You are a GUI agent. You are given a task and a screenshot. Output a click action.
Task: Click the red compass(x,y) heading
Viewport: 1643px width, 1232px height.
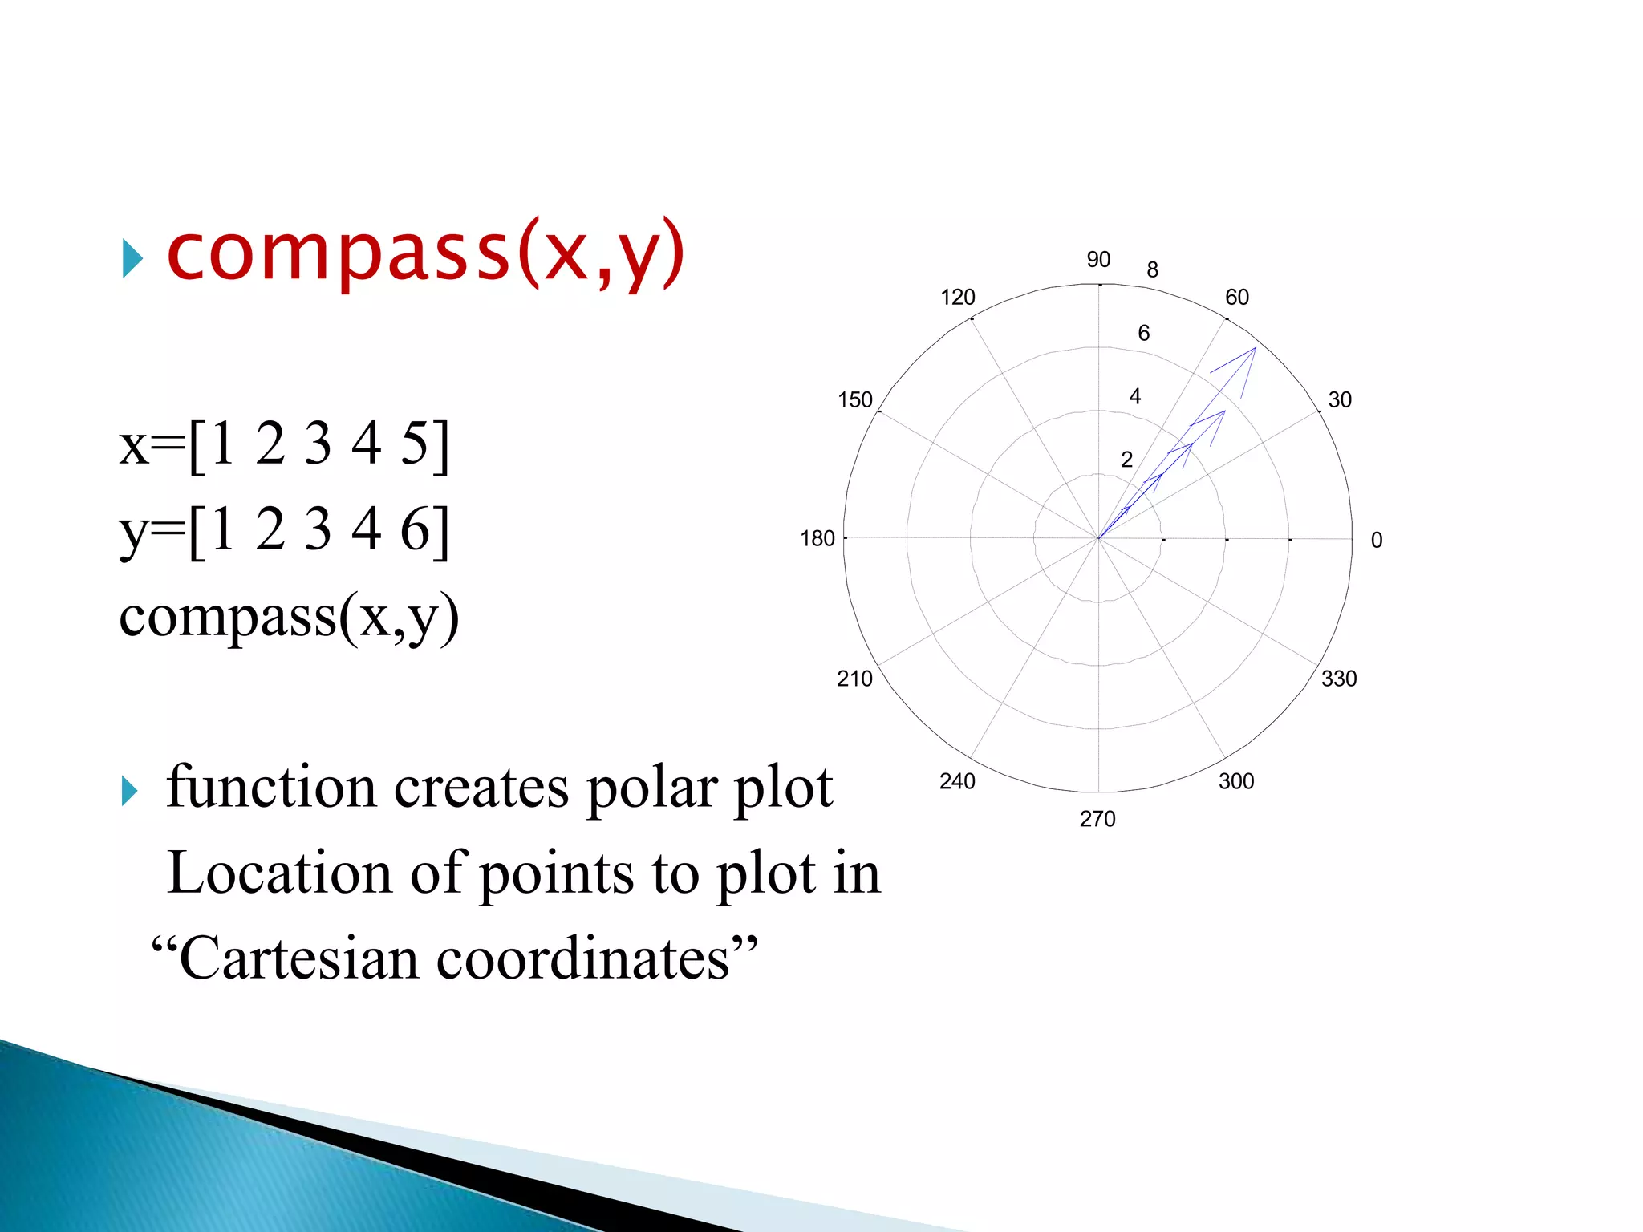425,253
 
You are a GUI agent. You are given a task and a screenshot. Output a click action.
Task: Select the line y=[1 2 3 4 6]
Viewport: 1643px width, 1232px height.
285,529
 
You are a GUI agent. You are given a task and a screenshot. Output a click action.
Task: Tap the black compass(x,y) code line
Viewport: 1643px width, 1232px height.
289,618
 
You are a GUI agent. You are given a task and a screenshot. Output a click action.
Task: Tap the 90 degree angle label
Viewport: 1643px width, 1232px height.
1098,260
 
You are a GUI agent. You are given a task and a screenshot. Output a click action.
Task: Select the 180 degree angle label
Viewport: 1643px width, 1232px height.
817,539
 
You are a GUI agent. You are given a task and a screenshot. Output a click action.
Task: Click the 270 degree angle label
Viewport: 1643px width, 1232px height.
1097,819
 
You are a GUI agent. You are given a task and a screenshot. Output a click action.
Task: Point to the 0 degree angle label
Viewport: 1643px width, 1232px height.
1377,541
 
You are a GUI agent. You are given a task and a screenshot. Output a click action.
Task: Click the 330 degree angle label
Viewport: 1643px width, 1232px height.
1339,679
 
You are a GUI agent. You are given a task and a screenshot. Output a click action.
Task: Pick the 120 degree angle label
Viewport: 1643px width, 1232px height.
958,298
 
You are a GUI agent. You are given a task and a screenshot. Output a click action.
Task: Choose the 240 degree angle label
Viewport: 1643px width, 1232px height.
957,781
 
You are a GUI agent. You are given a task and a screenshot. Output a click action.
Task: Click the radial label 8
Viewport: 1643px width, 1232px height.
1153,270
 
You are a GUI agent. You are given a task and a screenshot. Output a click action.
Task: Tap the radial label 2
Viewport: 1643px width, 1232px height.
1127,460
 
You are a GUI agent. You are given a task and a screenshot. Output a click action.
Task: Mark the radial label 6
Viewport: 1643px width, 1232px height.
1144,333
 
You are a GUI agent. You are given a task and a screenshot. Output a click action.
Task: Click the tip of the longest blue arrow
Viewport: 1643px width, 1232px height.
1256,348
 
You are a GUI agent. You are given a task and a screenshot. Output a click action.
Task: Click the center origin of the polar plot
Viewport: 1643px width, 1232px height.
1098,538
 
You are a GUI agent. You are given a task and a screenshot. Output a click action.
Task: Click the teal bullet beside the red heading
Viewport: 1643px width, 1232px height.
132,259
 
